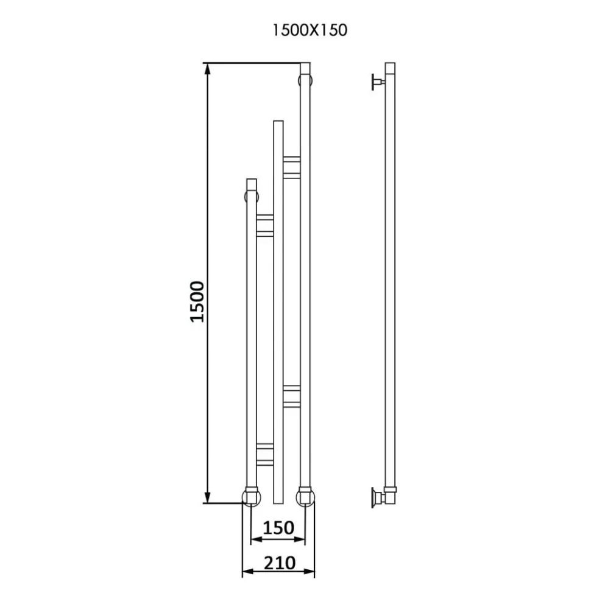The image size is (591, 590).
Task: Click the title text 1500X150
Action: click(x=310, y=30)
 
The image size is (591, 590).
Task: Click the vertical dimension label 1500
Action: click(x=197, y=301)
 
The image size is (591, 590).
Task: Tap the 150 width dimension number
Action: click(x=278, y=528)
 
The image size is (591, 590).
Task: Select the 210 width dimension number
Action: click(x=279, y=563)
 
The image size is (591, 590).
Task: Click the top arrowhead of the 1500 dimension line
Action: click(x=207, y=69)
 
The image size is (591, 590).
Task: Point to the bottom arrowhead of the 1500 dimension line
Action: click(x=207, y=497)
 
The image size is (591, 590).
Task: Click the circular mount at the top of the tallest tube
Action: click(x=305, y=80)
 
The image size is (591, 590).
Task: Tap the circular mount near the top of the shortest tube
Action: click(x=252, y=196)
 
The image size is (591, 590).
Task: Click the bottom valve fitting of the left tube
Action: click(x=252, y=497)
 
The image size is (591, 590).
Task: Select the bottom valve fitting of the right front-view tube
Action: click(x=305, y=497)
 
